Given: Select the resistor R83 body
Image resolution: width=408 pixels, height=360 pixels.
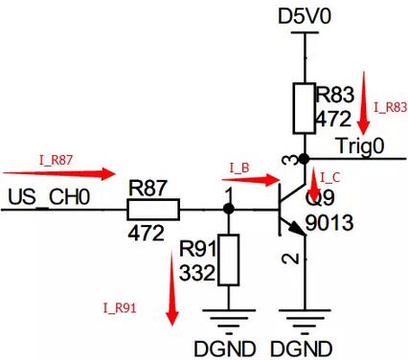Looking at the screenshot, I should pos(304,109).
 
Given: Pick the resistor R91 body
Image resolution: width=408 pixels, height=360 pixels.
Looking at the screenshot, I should pos(228,259).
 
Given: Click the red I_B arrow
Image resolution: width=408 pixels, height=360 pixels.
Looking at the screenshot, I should pos(251,178).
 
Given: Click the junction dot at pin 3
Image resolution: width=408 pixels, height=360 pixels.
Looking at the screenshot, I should pos(304,157).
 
